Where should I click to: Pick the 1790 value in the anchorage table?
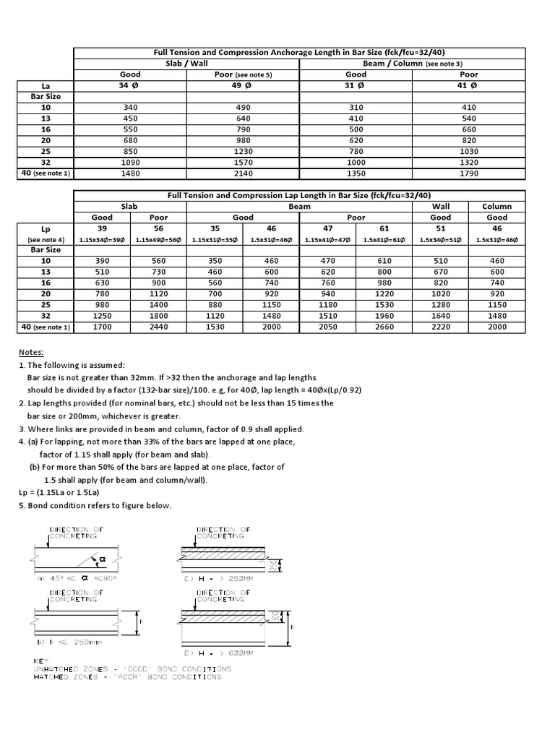[x=469, y=173]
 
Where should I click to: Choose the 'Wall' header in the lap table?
[x=441, y=206]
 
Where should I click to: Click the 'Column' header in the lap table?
[x=497, y=206]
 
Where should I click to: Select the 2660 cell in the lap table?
[x=384, y=327]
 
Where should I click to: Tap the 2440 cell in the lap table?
[x=158, y=327]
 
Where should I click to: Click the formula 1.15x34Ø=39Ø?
[x=102, y=239]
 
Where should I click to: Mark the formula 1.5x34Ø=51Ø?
[x=441, y=239]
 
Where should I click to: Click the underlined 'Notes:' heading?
[x=31, y=352]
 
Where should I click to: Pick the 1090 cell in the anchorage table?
[x=130, y=163]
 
